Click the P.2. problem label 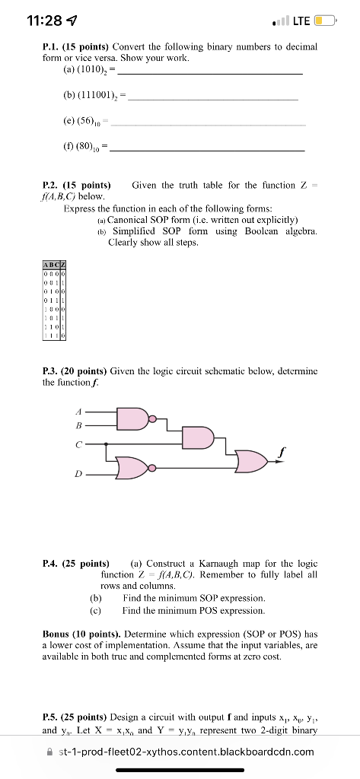point(53,185)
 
